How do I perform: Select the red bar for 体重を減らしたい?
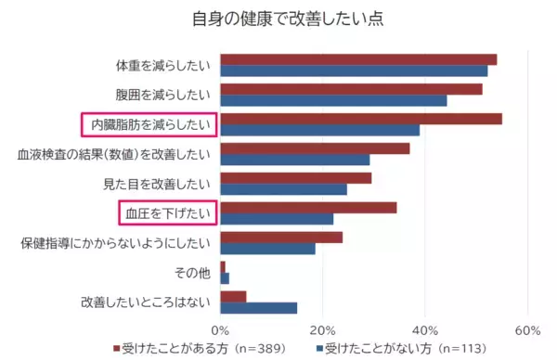coord(357,59)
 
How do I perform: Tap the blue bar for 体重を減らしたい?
coord(353,71)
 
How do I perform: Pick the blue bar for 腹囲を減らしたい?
coord(333,100)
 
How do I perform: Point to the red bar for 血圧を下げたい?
coord(308,207)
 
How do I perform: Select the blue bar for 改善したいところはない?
coord(258,308)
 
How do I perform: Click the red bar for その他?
coord(223,267)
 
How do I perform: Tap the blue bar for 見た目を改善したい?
coord(283,189)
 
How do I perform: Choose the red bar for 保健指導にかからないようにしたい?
coord(281,238)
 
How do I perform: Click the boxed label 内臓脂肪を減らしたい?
coord(149,124)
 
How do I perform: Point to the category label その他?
coord(196,273)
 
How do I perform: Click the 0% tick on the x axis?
coord(220,329)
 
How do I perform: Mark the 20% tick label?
coord(322,329)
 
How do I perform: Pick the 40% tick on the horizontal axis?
coord(424,329)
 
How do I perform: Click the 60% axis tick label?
coord(526,329)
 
